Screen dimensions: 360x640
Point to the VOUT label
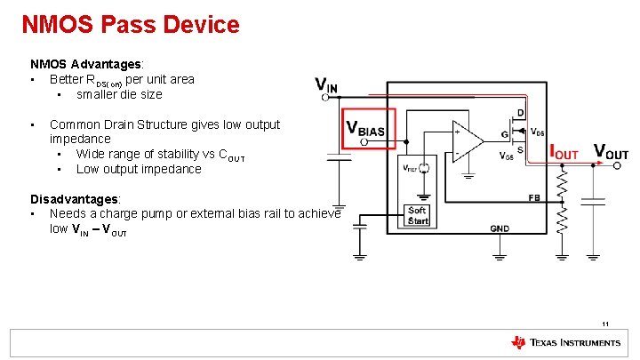611,152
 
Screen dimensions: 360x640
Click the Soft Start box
418,216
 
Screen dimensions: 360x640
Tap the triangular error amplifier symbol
467,141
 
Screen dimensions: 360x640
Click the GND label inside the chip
500,228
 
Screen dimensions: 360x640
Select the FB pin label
535,197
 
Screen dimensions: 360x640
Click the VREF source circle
425,168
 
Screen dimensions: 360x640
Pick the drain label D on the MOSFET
521,113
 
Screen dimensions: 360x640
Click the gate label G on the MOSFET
504,134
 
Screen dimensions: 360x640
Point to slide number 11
604,324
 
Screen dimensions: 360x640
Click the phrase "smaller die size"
119,94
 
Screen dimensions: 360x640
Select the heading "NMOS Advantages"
87,64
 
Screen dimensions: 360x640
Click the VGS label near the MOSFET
506,156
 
